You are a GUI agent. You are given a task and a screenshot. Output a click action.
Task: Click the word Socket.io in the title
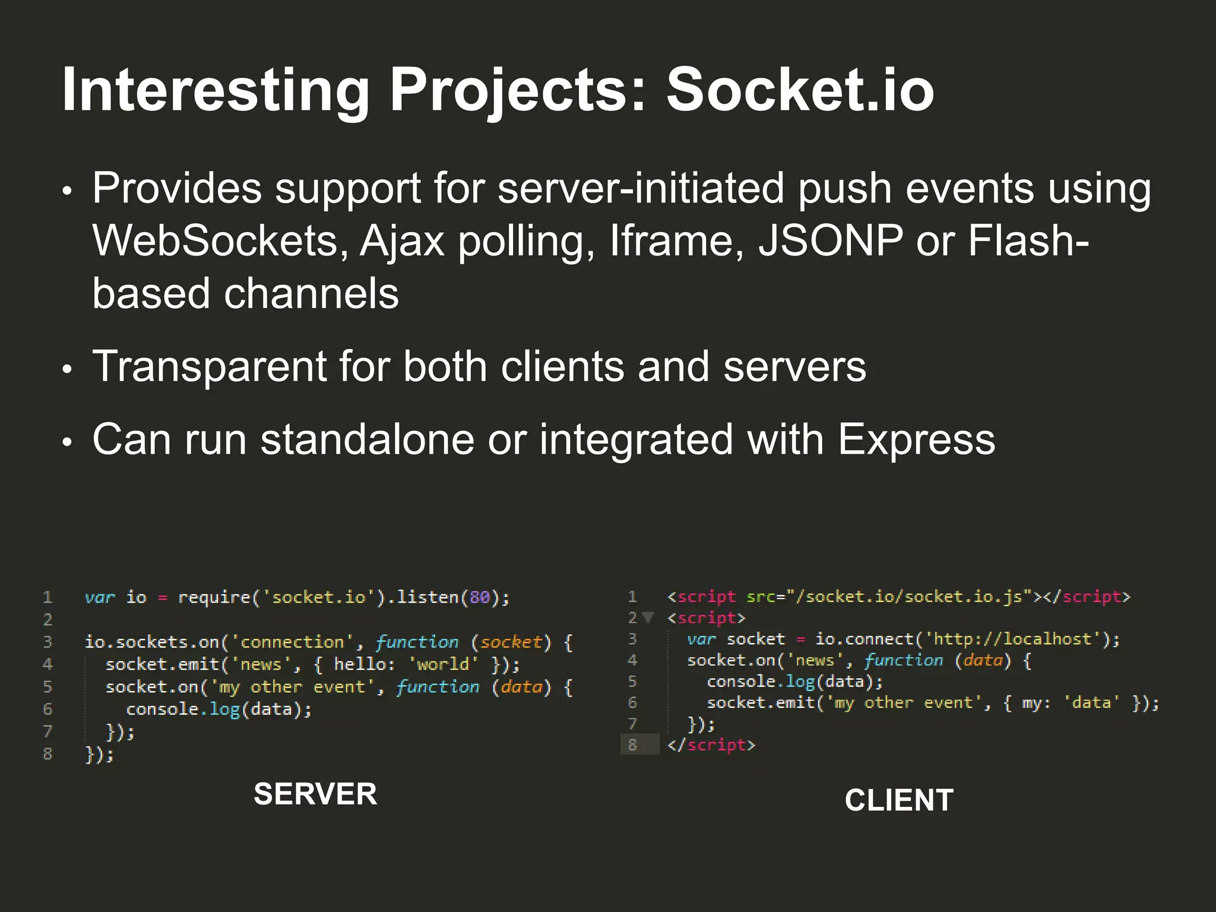800,90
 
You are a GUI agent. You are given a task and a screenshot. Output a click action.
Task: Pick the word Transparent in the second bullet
209,366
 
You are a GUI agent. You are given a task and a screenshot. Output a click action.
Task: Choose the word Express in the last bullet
916,440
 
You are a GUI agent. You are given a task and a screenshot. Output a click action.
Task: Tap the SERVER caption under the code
315,794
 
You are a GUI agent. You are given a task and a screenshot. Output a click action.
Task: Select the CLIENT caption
899,800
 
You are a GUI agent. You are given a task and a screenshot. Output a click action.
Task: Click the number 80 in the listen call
480,597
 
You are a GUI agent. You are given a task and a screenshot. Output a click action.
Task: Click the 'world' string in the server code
443,664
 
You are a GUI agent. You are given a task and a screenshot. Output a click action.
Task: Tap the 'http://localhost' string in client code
1013,639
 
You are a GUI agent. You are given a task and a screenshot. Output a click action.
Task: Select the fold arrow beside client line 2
648,617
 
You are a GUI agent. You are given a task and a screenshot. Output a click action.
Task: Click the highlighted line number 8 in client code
632,745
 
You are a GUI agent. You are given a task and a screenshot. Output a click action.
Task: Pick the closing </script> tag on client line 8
711,745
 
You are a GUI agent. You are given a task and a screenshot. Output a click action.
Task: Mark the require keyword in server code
214,597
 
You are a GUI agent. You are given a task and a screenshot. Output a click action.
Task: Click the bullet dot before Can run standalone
67,442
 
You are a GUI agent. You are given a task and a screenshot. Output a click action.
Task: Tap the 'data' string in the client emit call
1091,703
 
